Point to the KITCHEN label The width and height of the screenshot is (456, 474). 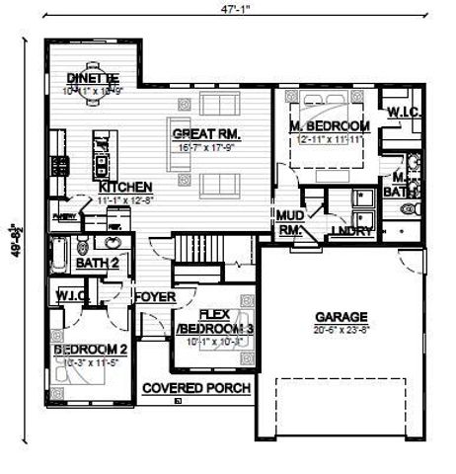[x=124, y=186]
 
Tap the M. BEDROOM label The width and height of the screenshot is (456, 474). [x=330, y=126]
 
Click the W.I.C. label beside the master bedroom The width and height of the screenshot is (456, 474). [x=403, y=113]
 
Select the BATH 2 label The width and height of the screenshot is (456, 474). [x=98, y=263]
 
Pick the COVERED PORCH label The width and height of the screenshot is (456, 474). [x=195, y=388]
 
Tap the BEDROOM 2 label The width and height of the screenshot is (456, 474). [x=91, y=350]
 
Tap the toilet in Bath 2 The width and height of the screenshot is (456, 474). [x=84, y=246]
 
